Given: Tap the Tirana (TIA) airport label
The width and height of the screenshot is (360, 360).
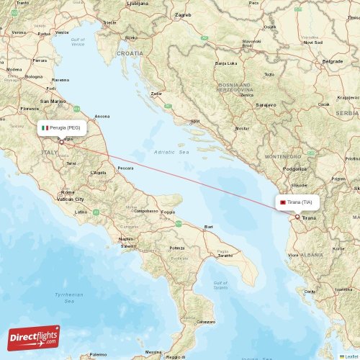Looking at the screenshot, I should (299, 202).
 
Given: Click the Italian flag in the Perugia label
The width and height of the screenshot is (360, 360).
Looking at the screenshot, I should (45, 127).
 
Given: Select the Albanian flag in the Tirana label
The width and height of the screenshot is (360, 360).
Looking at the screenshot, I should (283, 202).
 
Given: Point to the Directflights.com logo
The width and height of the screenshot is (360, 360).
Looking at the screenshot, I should (34, 337).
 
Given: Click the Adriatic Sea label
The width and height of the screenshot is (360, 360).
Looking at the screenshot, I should (171, 153).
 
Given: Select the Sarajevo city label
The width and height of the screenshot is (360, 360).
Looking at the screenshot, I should (266, 105).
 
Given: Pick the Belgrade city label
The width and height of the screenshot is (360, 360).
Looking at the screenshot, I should (333, 62).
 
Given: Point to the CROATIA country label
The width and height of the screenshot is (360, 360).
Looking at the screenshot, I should (130, 53).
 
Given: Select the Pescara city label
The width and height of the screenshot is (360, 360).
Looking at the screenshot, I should (125, 168).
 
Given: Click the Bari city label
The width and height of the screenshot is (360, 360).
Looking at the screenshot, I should (209, 227).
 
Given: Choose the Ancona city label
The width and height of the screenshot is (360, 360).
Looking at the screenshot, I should (102, 116).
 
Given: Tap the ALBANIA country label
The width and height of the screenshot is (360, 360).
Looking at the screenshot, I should (311, 255).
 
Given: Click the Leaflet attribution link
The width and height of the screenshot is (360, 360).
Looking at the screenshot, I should (351, 356).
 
